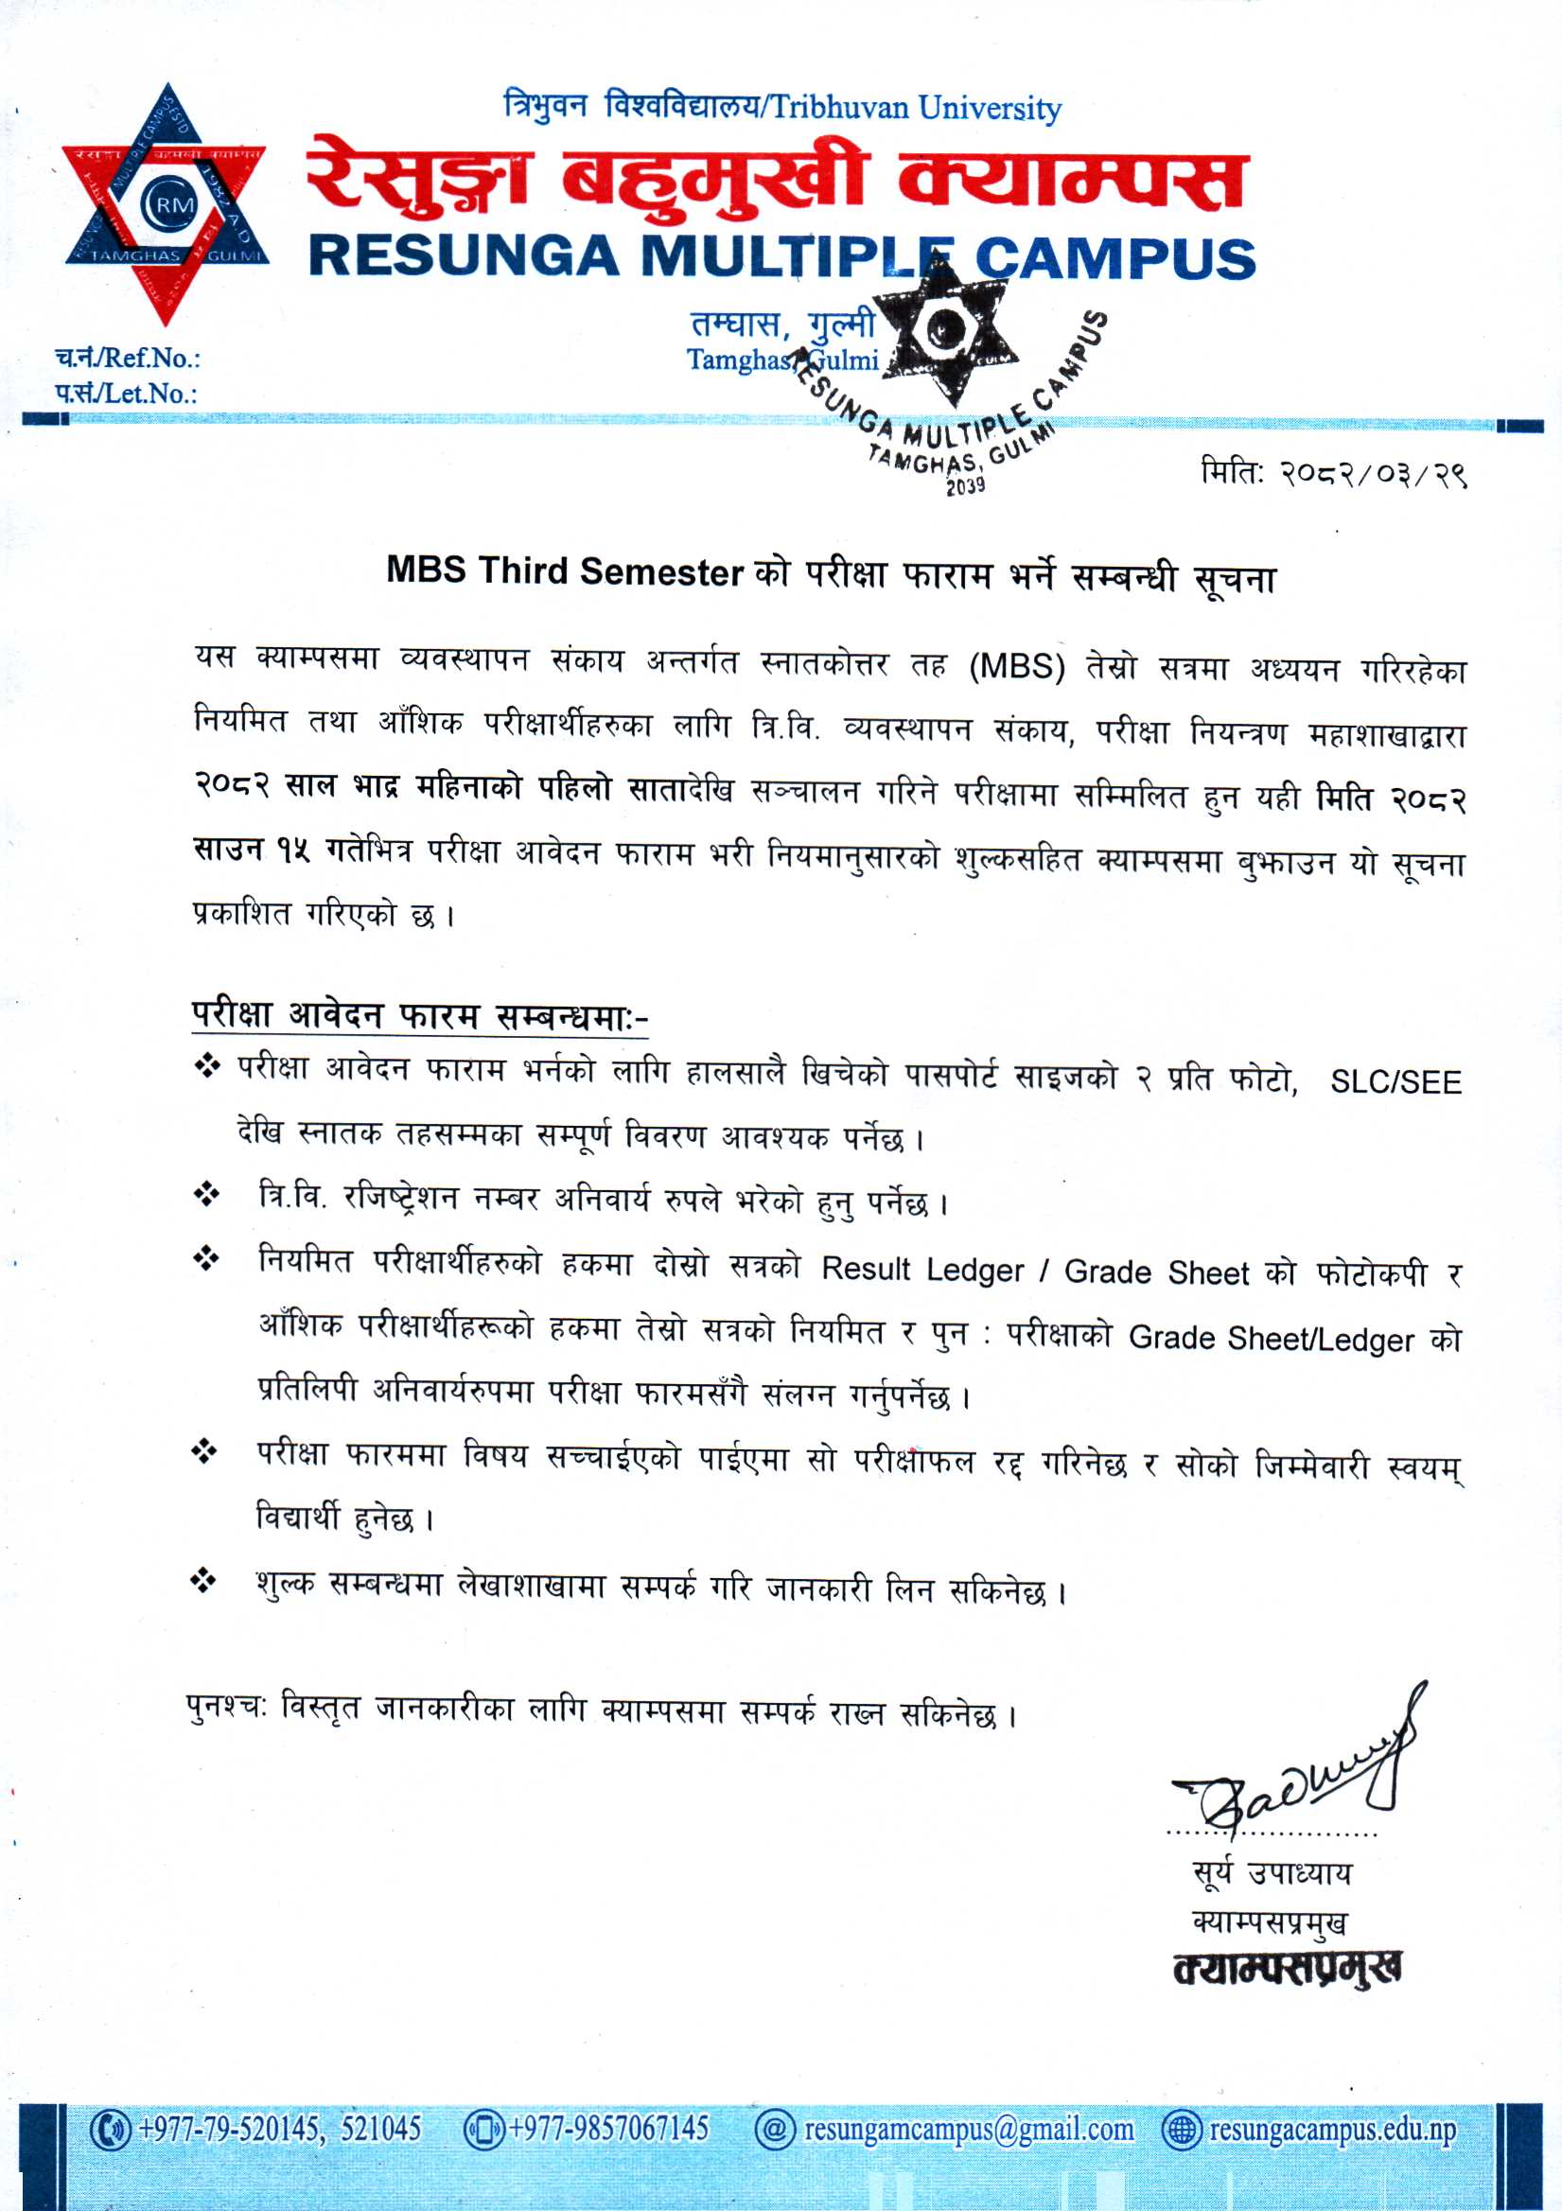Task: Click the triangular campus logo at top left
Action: pos(166,204)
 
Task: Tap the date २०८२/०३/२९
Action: pos(1372,475)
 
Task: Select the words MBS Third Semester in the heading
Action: pos(564,571)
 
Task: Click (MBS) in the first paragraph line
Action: pos(1016,667)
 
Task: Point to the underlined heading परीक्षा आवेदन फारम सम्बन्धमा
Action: pos(420,1015)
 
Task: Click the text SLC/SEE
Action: pos(1395,1082)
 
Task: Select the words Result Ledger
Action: pos(921,1271)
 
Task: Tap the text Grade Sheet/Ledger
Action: pos(1272,1339)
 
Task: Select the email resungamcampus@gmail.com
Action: pos(968,2128)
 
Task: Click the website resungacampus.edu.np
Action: pos(1332,2128)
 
